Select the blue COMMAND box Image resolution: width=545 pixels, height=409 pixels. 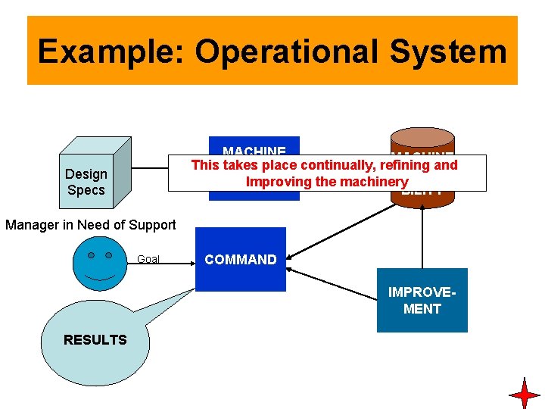pos(241,260)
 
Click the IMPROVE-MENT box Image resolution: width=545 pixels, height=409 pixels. pos(422,301)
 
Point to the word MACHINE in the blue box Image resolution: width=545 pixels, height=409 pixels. pos(254,151)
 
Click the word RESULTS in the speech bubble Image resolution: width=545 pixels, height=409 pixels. pos(95,340)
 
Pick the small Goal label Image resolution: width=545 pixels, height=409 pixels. pos(148,260)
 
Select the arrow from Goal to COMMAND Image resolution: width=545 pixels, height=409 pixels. pos(178,262)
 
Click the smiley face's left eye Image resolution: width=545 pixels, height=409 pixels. pos(91,256)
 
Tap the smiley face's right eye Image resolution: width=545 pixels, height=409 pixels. pos(109,256)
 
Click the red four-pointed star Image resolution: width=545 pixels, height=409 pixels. pos(524,394)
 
